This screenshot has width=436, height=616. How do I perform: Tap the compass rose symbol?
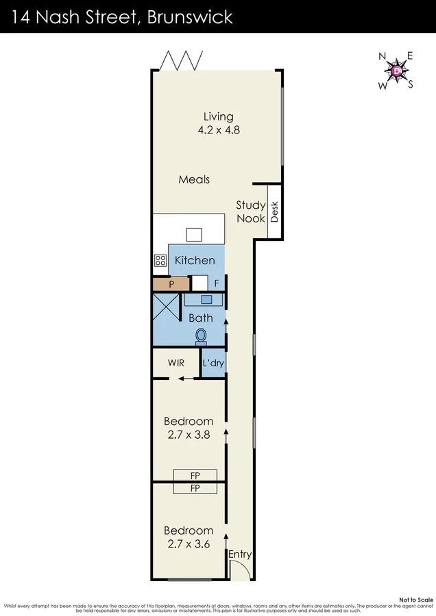tap(396, 70)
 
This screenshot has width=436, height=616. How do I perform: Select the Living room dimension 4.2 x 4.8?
tap(218, 129)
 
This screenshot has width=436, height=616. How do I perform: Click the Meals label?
tap(194, 179)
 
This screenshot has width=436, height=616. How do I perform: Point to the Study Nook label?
tap(250, 211)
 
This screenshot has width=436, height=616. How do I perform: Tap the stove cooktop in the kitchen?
tap(160, 260)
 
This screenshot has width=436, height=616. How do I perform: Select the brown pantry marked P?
tap(169, 283)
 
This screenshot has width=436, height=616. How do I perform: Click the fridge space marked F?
tap(216, 283)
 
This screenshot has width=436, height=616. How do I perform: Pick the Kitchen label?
tap(195, 260)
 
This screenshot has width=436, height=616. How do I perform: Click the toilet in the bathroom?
tap(202, 335)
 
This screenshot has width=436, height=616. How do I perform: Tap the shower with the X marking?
tap(165, 309)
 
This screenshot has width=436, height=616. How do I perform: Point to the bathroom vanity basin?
tap(206, 299)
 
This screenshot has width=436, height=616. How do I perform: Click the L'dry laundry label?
tap(213, 363)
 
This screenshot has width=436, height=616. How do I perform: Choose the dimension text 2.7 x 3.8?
tap(188, 434)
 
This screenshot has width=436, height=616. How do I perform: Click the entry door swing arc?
tap(240, 569)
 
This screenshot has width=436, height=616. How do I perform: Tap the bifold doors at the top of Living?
tap(180, 62)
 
